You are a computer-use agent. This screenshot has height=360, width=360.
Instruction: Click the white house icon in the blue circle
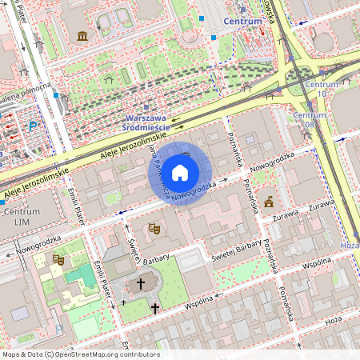[180, 173]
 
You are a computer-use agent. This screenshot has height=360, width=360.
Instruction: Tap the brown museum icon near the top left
[82, 36]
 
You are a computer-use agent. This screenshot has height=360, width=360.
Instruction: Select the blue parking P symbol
[33, 125]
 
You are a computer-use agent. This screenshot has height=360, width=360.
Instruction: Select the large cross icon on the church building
[141, 283]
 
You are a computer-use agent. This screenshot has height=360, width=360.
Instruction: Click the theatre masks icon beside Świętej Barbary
[154, 229]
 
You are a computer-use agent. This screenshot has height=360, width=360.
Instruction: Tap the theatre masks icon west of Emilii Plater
[58, 259]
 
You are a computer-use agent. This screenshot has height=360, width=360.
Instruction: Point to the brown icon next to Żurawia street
[269, 201]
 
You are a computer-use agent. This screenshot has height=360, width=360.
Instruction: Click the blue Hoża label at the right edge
[350, 246]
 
